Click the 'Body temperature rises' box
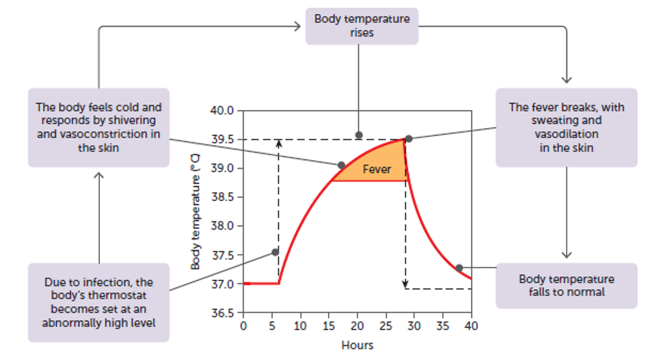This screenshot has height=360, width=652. point(362,26)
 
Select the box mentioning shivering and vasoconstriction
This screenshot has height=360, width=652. point(99,127)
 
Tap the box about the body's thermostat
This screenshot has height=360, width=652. point(99,302)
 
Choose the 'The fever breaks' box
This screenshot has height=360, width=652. point(566,127)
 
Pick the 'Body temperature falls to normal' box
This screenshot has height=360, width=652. point(566,285)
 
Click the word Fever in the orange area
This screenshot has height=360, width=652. point(377,169)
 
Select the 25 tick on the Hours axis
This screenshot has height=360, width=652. point(386,326)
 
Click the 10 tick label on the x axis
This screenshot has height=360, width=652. point(300,326)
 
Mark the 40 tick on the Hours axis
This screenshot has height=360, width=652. point(471,326)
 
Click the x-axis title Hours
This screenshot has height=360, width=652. point(357,345)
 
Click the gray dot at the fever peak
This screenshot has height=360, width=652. point(408,139)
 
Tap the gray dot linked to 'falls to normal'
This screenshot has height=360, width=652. point(459,268)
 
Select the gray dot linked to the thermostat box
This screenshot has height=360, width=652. point(275,252)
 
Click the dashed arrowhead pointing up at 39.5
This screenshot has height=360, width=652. point(279,143)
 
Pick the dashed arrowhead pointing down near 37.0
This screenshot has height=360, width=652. point(406,286)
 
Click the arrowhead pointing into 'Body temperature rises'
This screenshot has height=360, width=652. point(297,26)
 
